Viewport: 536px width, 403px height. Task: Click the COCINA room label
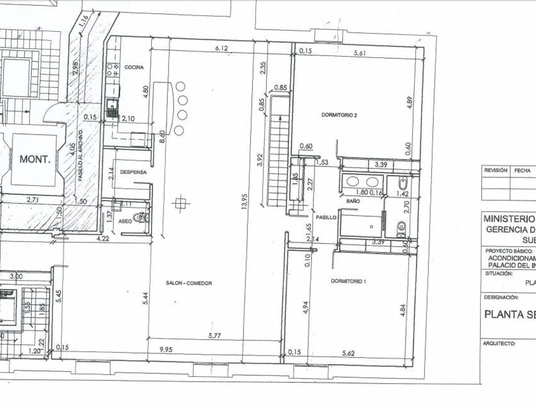click(134, 67)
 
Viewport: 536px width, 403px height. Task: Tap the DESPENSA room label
click(133, 172)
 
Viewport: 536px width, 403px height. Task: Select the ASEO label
click(125, 221)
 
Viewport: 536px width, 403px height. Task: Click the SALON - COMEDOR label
click(189, 283)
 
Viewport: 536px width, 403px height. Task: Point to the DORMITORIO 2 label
click(339, 115)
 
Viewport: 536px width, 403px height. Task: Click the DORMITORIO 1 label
click(348, 281)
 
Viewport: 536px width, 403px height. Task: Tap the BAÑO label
click(353, 201)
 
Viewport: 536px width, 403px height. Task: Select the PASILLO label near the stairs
click(326, 217)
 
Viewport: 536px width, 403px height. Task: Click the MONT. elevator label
click(35, 159)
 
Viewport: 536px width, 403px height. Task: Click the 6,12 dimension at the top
click(221, 48)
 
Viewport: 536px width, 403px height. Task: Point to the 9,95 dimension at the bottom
click(166, 349)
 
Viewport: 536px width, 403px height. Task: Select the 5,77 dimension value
click(215, 336)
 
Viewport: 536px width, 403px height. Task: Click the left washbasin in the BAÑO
click(353, 182)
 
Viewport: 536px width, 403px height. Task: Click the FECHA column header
click(522, 170)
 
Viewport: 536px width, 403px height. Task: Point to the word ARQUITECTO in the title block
click(499, 343)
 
